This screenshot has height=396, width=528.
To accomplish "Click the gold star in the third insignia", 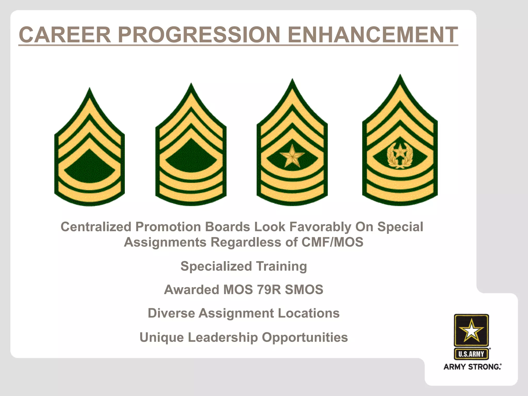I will pyautogui.click(x=292, y=156).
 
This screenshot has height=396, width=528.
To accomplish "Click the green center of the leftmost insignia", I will pyautogui.click(x=89, y=166).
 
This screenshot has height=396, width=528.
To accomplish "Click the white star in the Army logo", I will pyautogui.click(x=471, y=330).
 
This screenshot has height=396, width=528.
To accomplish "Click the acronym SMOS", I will pyautogui.click(x=304, y=290).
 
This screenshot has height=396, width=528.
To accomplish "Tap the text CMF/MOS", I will pyautogui.click(x=332, y=242).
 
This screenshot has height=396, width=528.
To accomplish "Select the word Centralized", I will pyautogui.click(x=96, y=227).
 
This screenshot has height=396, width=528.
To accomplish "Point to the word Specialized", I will pyautogui.click(x=216, y=266).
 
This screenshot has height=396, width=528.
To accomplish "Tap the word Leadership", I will pyautogui.click(x=223, y=337).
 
